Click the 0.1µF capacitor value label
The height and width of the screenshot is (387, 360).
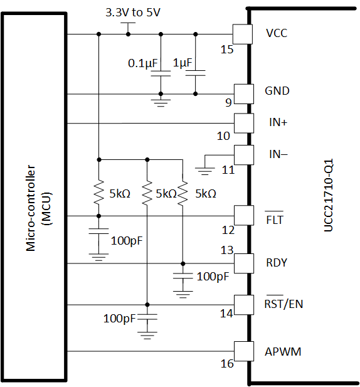[x=144, y=63]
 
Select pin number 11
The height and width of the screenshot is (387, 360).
[x=226, y=170]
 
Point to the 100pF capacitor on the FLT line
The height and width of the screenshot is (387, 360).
[x=98, y=232]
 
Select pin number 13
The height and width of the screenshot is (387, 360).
[x=226, y=250]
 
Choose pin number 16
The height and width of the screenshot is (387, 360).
[x=226, y=364]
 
